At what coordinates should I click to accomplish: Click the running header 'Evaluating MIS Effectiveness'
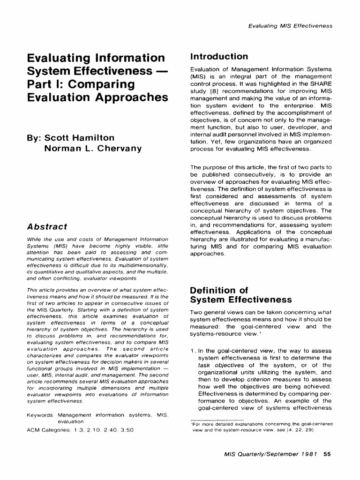coord(290,26)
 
